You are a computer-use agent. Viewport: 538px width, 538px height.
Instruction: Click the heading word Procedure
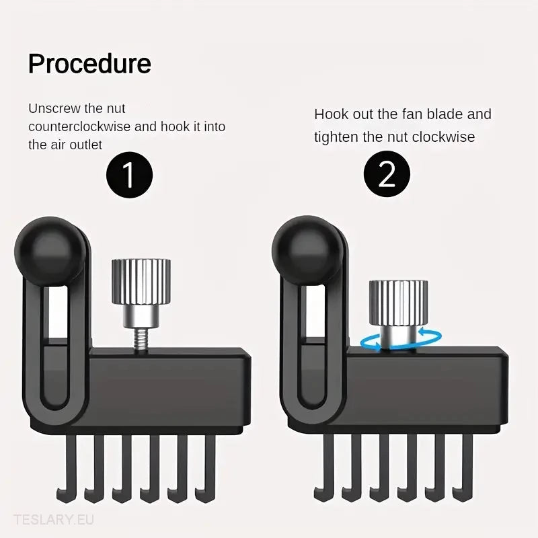tap(89, 64)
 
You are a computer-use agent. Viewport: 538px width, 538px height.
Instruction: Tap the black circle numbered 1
tap(129, 175)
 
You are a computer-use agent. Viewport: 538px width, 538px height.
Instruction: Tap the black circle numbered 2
tap(387, 174)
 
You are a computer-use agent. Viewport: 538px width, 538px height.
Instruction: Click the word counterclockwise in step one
tap(79, 126)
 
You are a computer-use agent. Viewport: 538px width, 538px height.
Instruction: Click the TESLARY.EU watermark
tap(54, 520)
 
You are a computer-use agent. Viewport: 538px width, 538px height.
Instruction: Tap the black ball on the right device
tap(307, 250)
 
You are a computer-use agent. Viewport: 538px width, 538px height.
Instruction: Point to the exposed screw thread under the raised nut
tap(140, 339)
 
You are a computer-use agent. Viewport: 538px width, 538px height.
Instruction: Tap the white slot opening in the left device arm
tap(57, 312)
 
